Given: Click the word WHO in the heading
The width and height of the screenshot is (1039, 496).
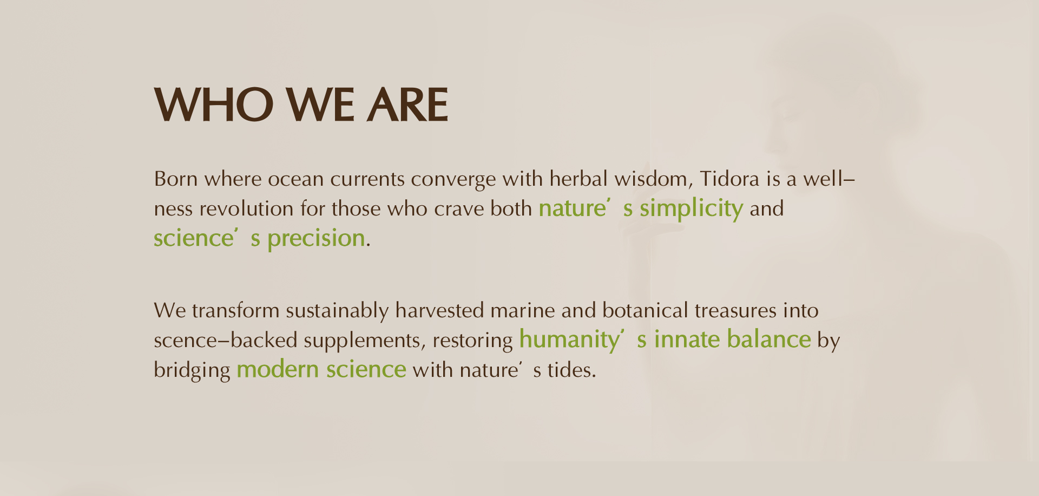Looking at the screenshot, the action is (x=214, y=105).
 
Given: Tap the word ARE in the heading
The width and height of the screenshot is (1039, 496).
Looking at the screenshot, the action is (x=407, y=105).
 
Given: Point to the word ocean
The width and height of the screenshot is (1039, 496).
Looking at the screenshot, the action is (x=295, y=179).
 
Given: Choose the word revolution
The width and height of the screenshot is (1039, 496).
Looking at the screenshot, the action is (x=246, y=208).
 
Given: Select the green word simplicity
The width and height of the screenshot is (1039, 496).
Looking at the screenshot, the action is (x=691, y=209).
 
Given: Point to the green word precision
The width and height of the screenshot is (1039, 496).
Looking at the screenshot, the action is (x=316, y=239).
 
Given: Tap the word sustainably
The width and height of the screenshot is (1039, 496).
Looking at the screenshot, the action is (x=337, y=311).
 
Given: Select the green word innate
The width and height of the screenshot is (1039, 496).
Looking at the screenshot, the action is (x=687, y=340).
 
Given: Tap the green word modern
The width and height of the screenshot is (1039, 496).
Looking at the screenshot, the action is (x=278, y=369).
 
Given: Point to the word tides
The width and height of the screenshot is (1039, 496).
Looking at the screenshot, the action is (x=571, y=370).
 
